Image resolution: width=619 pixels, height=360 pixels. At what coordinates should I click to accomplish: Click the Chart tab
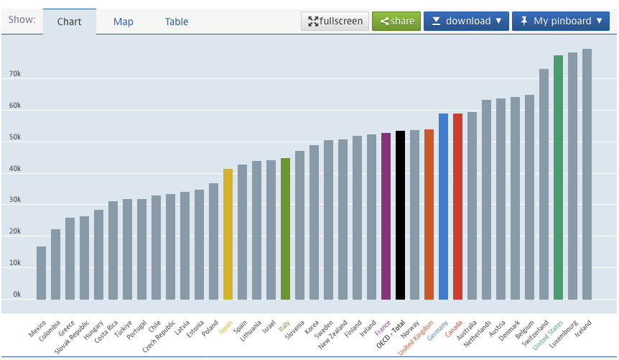tap(70, 22)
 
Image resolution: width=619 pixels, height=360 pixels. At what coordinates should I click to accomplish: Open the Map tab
tap(124, 22)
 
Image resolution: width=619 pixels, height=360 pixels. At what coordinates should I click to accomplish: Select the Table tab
tap(177, 22)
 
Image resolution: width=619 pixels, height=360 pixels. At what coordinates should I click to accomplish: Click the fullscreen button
tap(335, 21)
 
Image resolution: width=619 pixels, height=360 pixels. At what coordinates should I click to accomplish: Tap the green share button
tap(396, 21)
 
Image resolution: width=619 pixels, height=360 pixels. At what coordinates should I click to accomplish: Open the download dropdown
tap(466, 21)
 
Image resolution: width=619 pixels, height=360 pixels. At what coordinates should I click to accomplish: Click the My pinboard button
tap(561, 21)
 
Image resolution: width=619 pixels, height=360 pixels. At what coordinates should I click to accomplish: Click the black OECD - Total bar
tap(401, 215)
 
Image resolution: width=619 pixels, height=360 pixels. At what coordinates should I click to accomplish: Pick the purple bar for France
tap(386, 216)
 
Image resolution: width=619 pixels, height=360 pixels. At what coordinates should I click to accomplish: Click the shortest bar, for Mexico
tap(42, 273)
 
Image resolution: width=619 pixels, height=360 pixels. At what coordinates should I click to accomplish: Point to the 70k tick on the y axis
tap(15, 75)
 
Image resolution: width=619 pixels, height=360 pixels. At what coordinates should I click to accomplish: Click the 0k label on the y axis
tap(17, 295)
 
